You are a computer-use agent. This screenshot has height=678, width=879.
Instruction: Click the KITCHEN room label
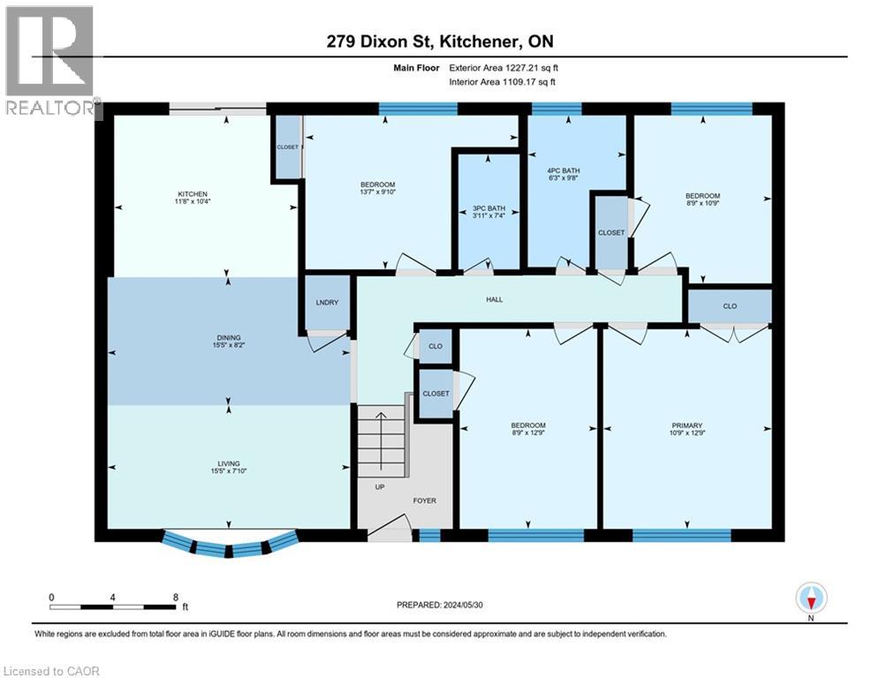point(193,194)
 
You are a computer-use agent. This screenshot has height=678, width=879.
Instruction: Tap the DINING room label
point(229,337)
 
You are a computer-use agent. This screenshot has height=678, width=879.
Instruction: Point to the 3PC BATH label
point(487,209)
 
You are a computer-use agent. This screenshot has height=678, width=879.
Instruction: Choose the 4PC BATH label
point(563,170)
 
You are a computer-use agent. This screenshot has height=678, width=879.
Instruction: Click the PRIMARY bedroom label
point(686,426)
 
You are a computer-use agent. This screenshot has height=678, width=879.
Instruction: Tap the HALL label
point(494,300)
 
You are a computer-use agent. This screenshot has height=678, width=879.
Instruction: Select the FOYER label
point(424,501)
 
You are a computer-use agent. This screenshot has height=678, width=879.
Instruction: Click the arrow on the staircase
point(381,433)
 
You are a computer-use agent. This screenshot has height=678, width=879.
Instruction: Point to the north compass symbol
point(810,599)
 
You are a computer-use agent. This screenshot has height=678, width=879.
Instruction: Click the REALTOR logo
point(51,62)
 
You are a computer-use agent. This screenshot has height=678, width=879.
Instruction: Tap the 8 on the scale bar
point(175,597)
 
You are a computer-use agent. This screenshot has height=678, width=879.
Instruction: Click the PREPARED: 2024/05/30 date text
point(442,605)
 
